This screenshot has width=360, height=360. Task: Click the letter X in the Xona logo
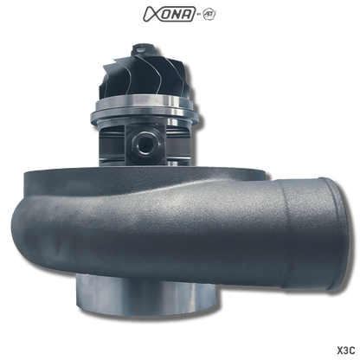(151, 14)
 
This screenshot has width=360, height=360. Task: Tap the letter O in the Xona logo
(166, 15)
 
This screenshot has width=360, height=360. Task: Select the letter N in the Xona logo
(177, 15)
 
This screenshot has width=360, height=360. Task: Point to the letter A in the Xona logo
(190, 15)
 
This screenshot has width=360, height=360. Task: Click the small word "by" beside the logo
(199, 16)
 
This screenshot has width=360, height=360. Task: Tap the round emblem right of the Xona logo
(209, 15)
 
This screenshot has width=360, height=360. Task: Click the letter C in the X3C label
(351, 350)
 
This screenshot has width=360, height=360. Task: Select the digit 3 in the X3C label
(344, 350)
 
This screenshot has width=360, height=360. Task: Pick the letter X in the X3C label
(338, 350)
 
